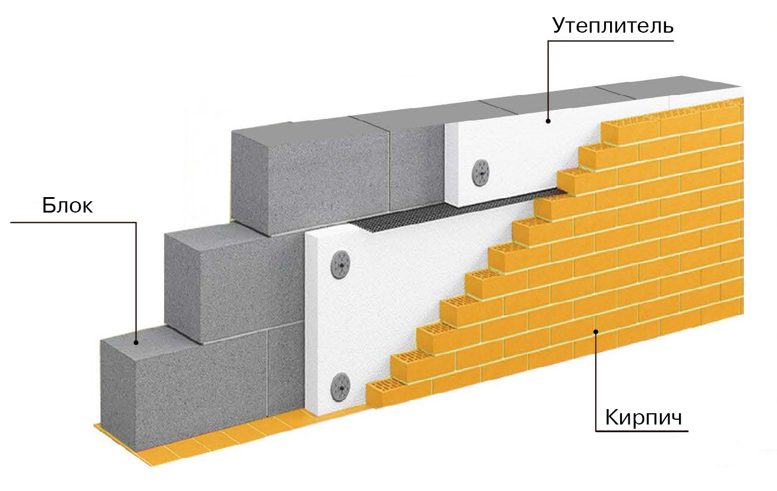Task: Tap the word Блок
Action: (67, 206)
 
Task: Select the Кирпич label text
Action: (642, 417)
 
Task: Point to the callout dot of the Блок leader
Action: (136, 343)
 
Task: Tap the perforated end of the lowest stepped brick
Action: (380, 392)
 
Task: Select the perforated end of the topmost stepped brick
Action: (618, 131)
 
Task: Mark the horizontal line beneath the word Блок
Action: (71, 223)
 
